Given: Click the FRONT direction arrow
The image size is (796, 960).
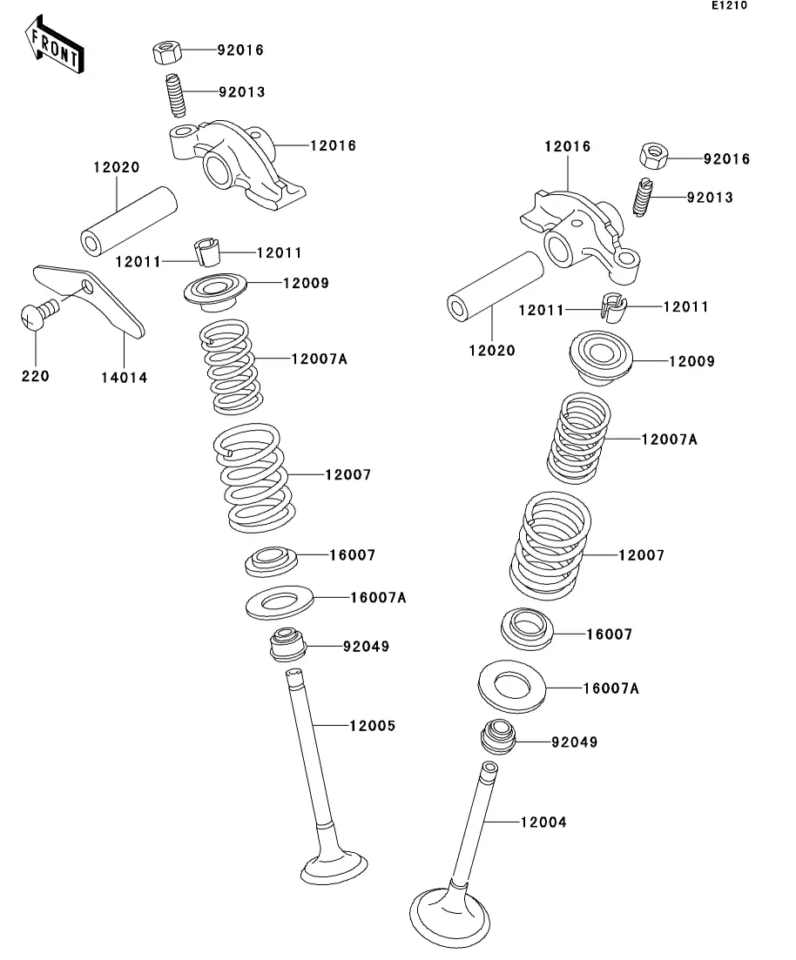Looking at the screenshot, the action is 54,44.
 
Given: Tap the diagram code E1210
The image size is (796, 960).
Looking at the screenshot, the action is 729,5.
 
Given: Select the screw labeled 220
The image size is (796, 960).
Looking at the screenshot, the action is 38,314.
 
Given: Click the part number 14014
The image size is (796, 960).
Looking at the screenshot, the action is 125,378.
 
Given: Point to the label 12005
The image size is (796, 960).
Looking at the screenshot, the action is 373,726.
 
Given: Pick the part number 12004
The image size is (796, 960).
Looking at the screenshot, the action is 543,822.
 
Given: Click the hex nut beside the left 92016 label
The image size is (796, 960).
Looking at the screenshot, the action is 166,52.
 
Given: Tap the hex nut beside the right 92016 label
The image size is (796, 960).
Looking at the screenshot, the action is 654,156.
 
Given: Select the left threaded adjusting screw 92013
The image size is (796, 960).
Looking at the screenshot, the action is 176,95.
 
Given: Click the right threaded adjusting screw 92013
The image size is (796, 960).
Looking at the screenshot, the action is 642,197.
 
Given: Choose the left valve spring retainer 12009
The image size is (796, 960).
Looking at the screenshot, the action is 215,290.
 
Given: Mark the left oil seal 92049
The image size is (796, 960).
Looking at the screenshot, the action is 287,644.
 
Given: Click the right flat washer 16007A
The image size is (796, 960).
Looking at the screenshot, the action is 512,686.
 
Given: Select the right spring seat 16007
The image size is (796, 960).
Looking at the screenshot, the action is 527,628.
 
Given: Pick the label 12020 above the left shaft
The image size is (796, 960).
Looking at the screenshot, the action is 117,167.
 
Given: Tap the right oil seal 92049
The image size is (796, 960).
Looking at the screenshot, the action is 498,736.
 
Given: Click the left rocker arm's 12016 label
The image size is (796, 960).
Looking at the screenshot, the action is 333,145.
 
